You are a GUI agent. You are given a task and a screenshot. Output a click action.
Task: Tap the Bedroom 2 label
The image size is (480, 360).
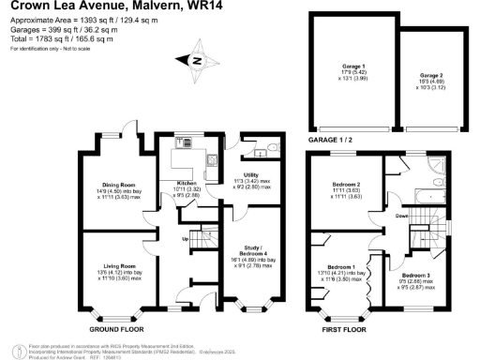347,184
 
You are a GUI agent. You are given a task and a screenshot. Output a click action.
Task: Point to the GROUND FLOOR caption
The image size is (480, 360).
116,329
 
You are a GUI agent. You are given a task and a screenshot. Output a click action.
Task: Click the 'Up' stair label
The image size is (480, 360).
171,238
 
